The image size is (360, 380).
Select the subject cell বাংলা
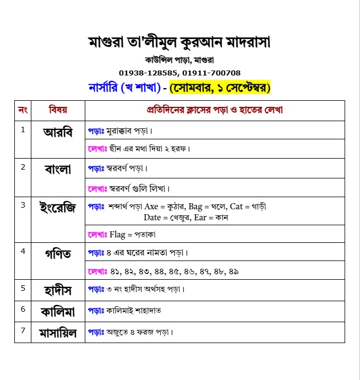tap(58, 170)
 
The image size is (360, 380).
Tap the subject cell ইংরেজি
tap(58, 208)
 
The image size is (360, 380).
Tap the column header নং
tap(23, 110)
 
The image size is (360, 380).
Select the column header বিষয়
tap(58, 110)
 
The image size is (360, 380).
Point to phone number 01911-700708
tap(211, 73)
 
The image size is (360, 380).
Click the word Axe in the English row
tap(151, 207)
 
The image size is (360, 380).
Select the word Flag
tap(118, 235)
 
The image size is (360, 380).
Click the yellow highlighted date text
tap(220, 87)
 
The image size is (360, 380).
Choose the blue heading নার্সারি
tap(105, 87)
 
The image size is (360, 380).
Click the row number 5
tap(23, 287)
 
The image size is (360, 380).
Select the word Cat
tap(236, 207)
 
